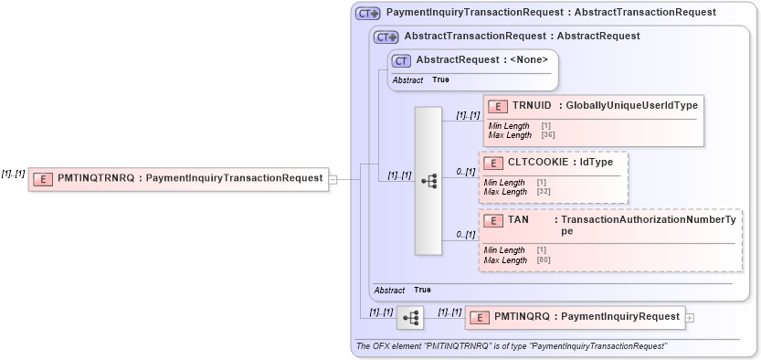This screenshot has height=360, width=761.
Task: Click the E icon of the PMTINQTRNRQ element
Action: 42,179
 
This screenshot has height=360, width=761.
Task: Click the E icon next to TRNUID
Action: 498,106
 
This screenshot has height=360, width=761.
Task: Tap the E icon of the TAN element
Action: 493,220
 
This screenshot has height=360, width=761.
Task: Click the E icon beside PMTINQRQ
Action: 479,317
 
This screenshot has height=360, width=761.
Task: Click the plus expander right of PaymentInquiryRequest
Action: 690,317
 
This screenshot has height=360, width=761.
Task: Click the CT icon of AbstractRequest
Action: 402,60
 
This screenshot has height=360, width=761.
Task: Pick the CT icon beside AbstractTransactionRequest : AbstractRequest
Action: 387,37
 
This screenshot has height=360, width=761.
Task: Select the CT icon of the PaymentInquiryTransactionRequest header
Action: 368,14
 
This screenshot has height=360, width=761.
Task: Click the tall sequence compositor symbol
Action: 428,181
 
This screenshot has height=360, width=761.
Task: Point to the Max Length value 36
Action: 548,135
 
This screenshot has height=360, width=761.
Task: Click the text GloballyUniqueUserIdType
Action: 631,106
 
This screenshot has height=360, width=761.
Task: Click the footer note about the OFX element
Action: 511,346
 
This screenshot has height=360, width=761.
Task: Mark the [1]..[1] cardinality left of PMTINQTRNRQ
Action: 13,174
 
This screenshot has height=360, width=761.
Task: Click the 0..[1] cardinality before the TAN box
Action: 466,235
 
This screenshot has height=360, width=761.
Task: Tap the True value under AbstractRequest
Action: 440,80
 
